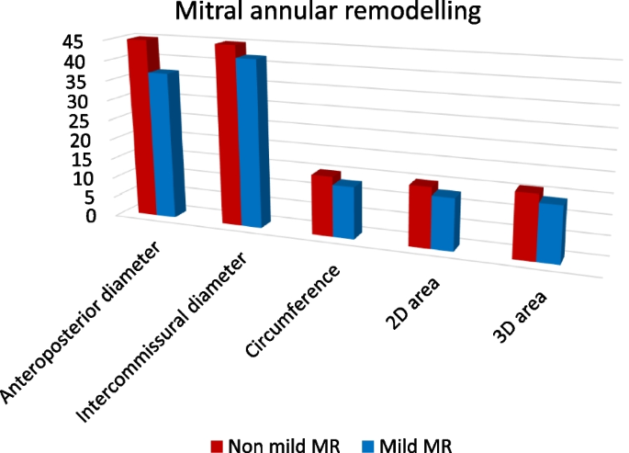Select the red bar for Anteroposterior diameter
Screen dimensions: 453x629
143,129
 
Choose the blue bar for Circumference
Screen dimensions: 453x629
343,212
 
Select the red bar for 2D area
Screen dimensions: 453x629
419,217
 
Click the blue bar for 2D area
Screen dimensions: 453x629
442,222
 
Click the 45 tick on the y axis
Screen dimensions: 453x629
73,41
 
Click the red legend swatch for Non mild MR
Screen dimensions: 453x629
218,446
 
